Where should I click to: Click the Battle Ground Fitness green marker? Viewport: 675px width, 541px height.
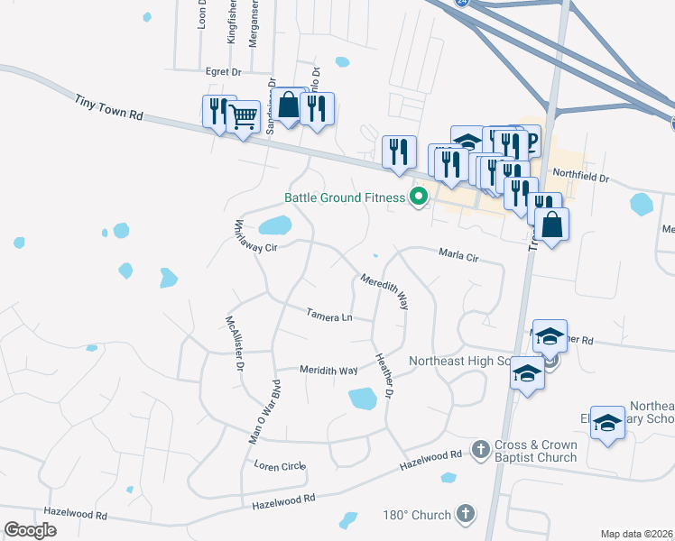pos(418,196)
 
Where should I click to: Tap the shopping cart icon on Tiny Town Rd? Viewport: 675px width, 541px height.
pos(244,115)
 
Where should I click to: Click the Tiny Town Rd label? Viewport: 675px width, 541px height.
pos(110,103)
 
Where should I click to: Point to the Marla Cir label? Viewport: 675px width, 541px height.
pos(458,256)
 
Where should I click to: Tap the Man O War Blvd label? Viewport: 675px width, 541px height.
pos(270,411)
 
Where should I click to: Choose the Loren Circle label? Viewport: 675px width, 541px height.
pos(280,466)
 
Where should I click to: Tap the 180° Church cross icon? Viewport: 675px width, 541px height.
pos(465,514)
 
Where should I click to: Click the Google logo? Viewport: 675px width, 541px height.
pos(30,530)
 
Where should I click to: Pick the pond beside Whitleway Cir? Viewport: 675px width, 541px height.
pos(274,225)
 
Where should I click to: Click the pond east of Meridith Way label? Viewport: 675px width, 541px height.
pos(362,398)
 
